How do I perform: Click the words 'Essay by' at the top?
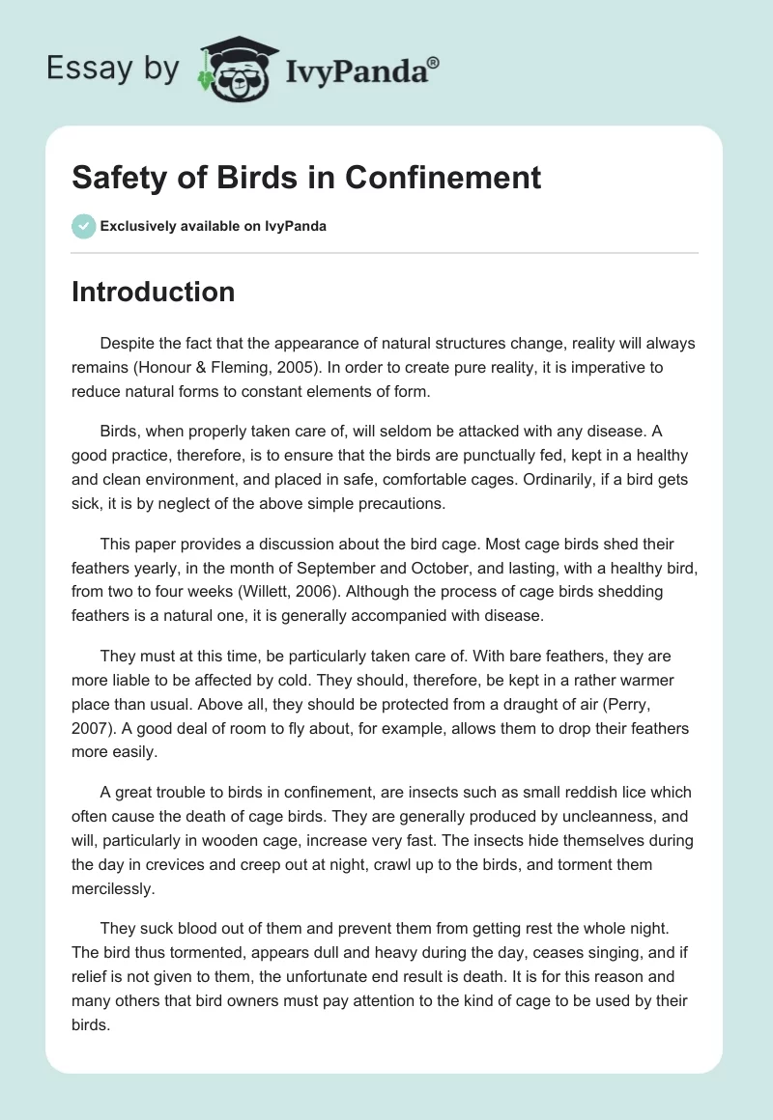click(x=112, y=69)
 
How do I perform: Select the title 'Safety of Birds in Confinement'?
click(x=306, y=179)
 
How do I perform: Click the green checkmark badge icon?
click(x=82, y=226)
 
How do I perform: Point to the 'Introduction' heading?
click(x=153, y=292)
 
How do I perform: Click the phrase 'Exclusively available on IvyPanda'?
click(x=213, y=226)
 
